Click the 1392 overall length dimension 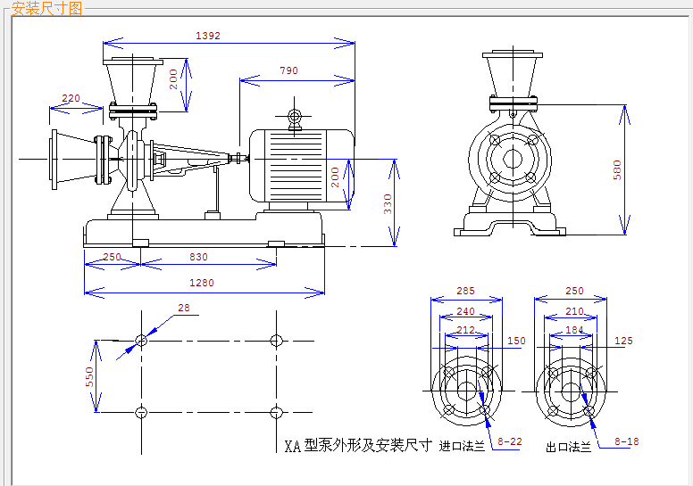[208, 36]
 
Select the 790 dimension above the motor [288, 70]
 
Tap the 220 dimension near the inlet [71, 98]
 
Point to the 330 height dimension [388, 204]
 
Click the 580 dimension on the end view [617, 170]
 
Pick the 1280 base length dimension [202, 283]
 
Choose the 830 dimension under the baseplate [198, 257]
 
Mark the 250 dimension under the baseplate [112, 257]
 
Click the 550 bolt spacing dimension [89, 376]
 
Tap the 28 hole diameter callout [184, 308]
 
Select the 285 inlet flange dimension [465, 291]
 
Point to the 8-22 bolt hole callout [510, 441]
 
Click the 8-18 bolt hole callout [627, 441]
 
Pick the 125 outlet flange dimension [623, 341]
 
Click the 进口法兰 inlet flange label [462, 446]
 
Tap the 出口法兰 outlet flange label [568, 447]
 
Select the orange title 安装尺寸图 [46, 8]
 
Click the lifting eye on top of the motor [295, 118]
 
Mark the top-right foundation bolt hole [276, 341]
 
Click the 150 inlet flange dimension [516, 341]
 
